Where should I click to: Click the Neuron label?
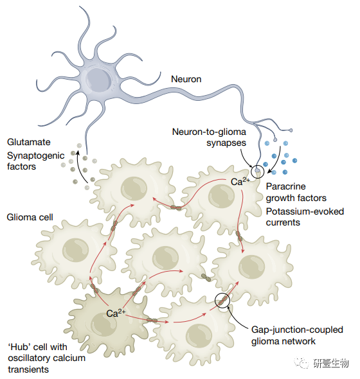186,79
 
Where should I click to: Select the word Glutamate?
29,142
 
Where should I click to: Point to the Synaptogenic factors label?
35,161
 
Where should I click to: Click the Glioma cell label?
30,217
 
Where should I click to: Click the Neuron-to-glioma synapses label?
209,137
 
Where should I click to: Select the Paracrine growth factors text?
296,192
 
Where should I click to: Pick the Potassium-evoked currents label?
305,217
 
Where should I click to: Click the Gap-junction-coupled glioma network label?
297,335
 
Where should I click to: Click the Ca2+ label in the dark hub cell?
116,313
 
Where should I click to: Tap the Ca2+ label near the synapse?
240,181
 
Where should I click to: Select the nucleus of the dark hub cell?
104,324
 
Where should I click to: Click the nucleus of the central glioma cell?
165,258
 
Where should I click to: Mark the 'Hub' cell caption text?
46,358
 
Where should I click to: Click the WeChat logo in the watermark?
301,362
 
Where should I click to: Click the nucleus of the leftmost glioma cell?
75,250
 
